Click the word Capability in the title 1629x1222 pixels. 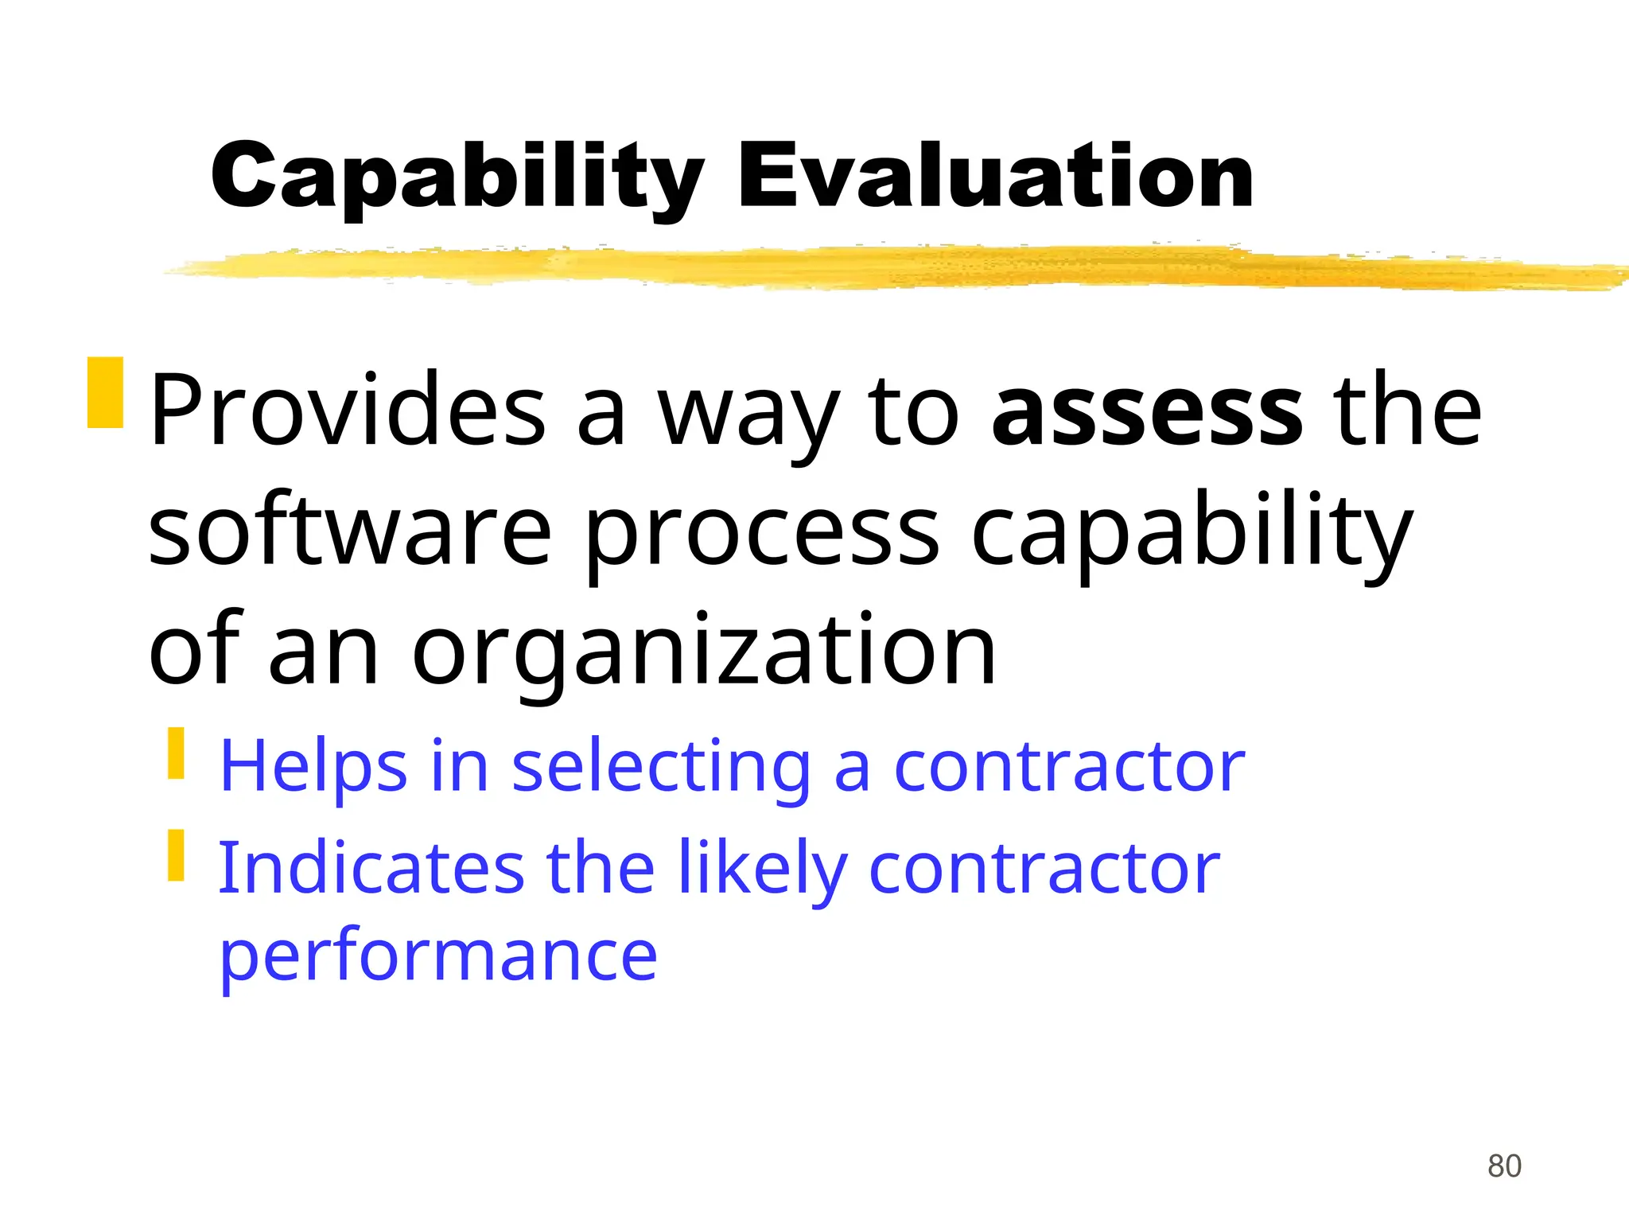tap(457, 177)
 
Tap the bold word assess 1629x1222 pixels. tap(1147, 410)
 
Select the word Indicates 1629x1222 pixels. tap(371, 867)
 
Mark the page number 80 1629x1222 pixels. tap(1504, 1166)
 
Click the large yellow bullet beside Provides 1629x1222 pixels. tap(105, 392)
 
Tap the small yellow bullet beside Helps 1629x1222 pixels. tap(176, 753)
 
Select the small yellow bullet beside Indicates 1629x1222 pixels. tap(176, 855)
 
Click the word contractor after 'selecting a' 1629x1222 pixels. tap(1069, 766)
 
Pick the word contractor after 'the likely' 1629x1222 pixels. tap(1044, 867)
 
